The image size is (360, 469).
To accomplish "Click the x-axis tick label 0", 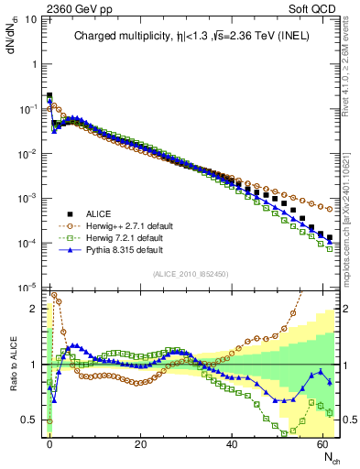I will pos(49,444).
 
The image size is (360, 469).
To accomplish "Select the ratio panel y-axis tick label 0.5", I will pos(30,420).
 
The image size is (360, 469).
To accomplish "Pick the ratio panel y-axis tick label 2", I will pos(35,309).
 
